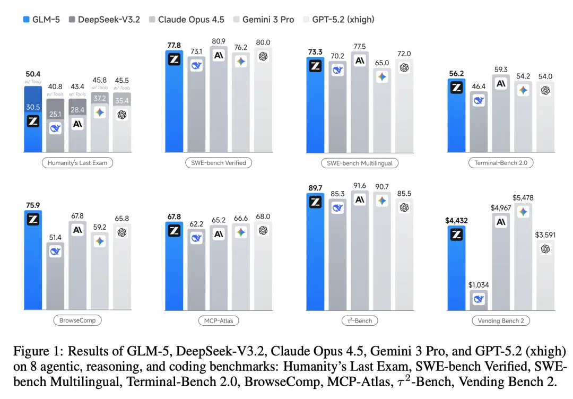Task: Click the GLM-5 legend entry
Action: [41, 19]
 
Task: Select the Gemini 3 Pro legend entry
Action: [264, 19]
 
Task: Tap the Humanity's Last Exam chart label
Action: [77, 162]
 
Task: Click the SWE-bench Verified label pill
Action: [219, 162]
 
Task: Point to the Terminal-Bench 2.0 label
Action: [501, 162]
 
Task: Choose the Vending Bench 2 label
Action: [501, 320]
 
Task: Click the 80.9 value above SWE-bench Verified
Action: [219, 41]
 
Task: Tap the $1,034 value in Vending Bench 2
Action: [479, 284]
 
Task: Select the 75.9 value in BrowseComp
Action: [33, 205]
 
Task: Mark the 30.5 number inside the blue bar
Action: [33, 107]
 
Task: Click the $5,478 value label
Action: [523, 198]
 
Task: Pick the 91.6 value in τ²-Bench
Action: [360, 186]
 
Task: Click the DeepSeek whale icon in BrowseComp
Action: [55, 251]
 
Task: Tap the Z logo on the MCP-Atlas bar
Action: [175, 231]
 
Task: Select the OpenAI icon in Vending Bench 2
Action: [545, 249]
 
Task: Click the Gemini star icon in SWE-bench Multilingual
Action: [382, 77]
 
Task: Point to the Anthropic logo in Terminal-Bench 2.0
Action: [501, 84]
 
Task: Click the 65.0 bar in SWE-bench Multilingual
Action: [382, 110]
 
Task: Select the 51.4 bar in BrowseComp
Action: [55, 276]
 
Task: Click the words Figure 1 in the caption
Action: [37, 351]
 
